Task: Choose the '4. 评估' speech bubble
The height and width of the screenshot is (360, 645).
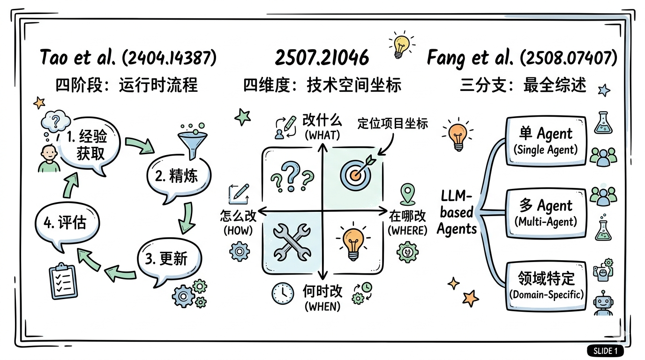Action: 66,222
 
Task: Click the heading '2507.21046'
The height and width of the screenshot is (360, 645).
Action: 322,58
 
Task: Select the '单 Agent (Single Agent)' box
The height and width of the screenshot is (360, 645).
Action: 546,140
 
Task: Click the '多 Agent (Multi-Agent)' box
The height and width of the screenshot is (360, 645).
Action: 546,212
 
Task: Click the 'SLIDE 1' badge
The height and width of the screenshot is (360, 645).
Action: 605,350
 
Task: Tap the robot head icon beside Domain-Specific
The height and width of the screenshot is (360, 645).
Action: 603,302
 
